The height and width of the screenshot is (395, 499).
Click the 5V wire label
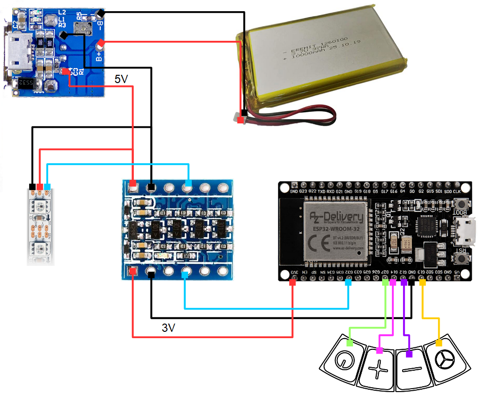121,79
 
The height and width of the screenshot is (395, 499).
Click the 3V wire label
168,328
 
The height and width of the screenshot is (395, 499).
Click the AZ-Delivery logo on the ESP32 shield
336,215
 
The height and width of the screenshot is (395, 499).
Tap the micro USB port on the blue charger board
18,53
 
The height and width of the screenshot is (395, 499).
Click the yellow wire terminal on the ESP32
422,282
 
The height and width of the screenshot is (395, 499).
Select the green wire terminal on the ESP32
385,282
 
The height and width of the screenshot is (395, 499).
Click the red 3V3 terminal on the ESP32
293,282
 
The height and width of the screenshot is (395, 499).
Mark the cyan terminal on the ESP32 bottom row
348,282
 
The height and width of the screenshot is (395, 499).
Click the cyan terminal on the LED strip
47,187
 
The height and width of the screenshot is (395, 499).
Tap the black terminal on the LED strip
32,187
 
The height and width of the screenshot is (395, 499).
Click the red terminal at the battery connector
241,119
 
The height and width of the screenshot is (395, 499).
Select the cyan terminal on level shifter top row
188,183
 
